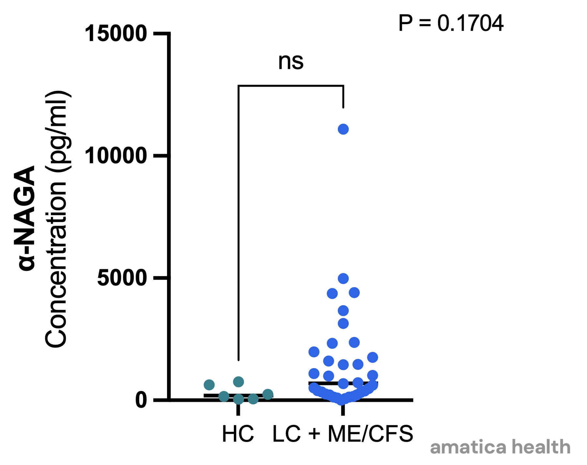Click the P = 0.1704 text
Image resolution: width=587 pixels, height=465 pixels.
coord(451,23)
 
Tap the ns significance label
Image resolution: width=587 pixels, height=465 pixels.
coord(291,61)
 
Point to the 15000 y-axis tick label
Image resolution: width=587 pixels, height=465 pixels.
coord(116,34)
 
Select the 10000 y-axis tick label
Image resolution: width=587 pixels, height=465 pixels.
coord(116,156)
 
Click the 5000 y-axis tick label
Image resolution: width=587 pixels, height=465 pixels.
coord(122,278)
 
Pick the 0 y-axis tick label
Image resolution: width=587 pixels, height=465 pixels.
coord(141,400)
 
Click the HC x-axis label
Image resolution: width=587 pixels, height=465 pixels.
coord(238,434)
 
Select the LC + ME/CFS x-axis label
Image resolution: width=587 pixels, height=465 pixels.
coord(343,434)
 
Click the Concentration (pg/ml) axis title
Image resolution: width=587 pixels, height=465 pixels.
coord(56,219)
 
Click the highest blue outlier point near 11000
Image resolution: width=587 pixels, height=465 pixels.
coord(343,129)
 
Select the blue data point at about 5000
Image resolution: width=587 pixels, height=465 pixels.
coord(343,279)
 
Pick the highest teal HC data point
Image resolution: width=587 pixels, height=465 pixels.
coord(238,382)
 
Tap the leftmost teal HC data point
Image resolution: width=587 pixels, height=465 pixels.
coord(209,385)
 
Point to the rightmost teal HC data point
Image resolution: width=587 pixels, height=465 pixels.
coord(268,395)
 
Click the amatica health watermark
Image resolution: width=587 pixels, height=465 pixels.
coord(500,447)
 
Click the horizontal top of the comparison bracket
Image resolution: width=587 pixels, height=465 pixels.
coord(291,86)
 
